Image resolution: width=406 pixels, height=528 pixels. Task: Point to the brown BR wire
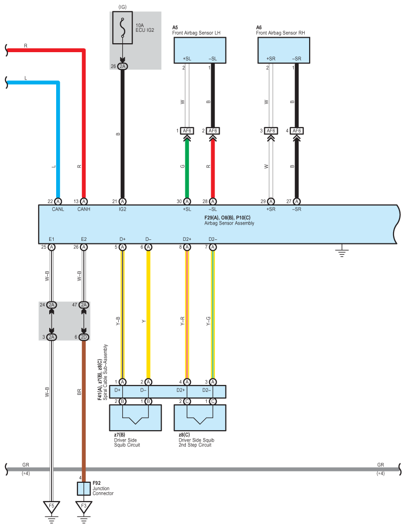click(83, 407)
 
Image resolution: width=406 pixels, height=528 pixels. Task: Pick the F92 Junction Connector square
click(83, 489)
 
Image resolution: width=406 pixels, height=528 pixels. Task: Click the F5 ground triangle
click(51, 507)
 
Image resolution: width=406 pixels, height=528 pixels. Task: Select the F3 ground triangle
click(83, 507)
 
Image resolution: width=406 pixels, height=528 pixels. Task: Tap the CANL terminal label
click(58, 210)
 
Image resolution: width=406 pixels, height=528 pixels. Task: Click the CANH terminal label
click(83, 210)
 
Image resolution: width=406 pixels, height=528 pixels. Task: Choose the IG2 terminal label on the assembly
click(123, 210)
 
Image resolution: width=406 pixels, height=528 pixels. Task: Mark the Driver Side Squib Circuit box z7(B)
click(135, 418)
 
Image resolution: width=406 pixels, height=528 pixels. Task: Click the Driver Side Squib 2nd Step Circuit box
click(200, 418)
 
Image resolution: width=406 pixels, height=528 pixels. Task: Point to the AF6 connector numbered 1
click(187, 131)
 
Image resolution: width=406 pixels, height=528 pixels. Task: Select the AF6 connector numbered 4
click(297, 131)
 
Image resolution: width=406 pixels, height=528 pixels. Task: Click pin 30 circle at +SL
click(187, 201)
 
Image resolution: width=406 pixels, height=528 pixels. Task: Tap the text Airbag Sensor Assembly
click(229, 224)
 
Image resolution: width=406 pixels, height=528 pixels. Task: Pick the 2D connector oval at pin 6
click(83, 337)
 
